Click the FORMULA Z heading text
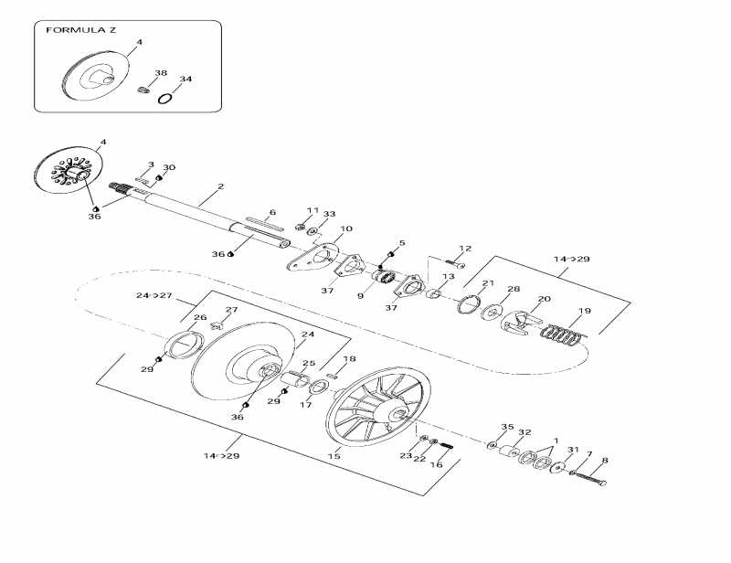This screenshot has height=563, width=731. (x=80, y=30)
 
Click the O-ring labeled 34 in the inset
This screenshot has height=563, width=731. (x=165, y=98)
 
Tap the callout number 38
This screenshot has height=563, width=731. (x=161, y=73)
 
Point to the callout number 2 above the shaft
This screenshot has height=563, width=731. (x=220, y=186)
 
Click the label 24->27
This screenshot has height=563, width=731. (x=154, y=296)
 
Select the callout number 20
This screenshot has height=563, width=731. (x=544, y=299)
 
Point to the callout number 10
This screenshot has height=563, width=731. (x=320, y=229)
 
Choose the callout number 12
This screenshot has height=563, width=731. (x=465, y=249)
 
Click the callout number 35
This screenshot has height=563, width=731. (x=507, y=427)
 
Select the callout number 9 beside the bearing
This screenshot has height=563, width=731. (x=360, y=295)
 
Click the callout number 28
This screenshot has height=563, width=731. (x=513, y=290)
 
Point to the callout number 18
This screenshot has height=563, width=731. (x=350, y=359)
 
